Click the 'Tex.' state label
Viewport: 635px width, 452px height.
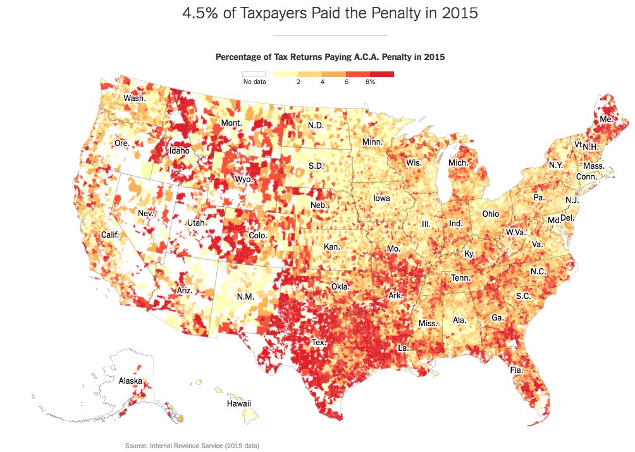[x=319, y=342]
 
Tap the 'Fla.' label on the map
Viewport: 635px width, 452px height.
[x=517, y=369]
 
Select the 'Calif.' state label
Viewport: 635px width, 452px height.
[x=111, y=235]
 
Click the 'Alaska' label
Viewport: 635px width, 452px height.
[x=130, y=381]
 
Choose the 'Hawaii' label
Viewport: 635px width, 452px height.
[x=239, y=403]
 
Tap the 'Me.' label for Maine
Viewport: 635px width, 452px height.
[x=607, y=119]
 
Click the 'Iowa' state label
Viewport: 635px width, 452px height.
[x=381, y=198]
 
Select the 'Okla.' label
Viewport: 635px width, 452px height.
[x=340, y=286]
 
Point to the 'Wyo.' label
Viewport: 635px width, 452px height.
[x=244, y=179]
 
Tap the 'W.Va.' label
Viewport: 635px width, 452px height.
[x=516, y=232]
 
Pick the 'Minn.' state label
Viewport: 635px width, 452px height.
[x=373, y=142]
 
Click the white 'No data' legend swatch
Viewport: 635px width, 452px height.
[x=255, y=74]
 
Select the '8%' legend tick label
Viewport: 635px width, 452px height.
[x=370, y=82]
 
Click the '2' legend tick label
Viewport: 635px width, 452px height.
[x=298, y=82]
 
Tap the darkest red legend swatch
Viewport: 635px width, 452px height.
[x=382, y=74]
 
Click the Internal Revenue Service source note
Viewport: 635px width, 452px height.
[x=192, y=446]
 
